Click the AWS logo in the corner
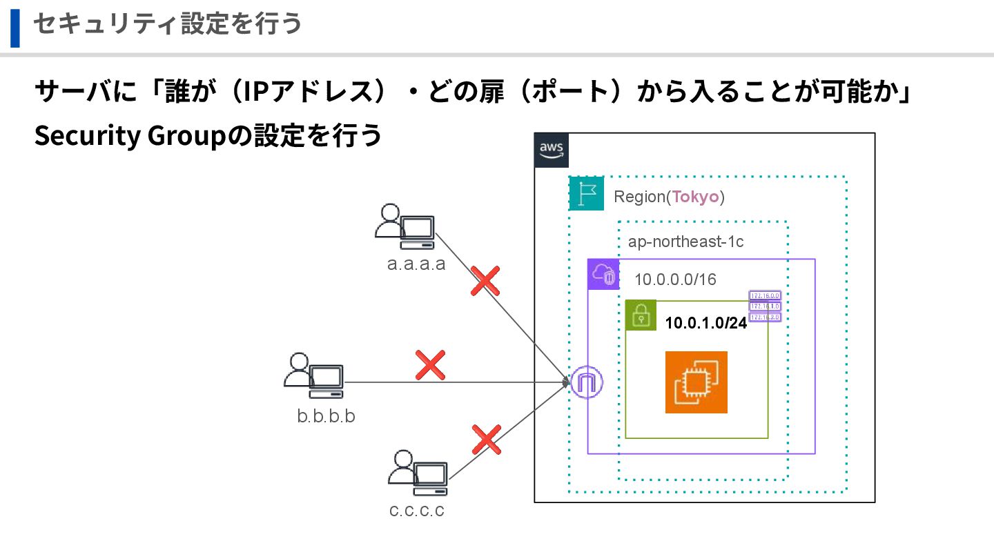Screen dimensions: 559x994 click(552, 150)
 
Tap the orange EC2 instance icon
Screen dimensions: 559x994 click(696, 382)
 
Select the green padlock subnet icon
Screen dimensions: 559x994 click(641, 315)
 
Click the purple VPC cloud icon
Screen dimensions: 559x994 click(603, 274)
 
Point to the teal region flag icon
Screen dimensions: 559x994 click(586, 194)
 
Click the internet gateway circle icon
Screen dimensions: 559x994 click(587, 382)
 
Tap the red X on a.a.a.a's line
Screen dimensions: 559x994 click(485, 280)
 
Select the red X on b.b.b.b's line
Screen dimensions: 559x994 click(430, 365)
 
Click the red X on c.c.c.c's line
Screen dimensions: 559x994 click(486, 440)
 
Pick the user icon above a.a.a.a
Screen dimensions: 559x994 click(405, 226)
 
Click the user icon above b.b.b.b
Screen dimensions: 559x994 click(313, 375)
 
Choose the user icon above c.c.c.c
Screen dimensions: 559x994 click(418, 473)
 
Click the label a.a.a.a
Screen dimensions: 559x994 click(416, 264)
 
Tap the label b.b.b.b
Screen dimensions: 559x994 click(326, 416)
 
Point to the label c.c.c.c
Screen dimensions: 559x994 click(416, 511)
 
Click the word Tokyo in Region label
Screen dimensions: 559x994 click(695, 197)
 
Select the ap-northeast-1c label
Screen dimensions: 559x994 click(685, 242)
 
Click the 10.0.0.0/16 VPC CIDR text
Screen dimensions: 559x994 click(675, 279)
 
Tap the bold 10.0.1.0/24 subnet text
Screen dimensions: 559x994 click(705, 323)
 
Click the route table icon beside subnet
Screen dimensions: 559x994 click(765, 306)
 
